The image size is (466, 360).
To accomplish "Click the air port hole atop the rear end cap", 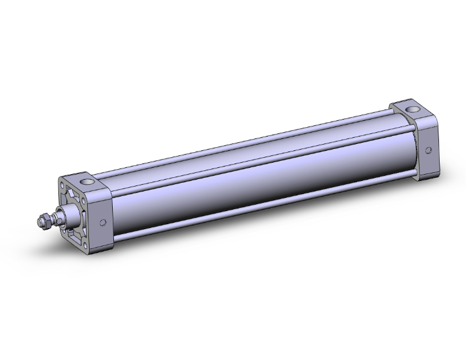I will [414, 112].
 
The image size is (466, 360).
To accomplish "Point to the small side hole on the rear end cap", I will [428, 150].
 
